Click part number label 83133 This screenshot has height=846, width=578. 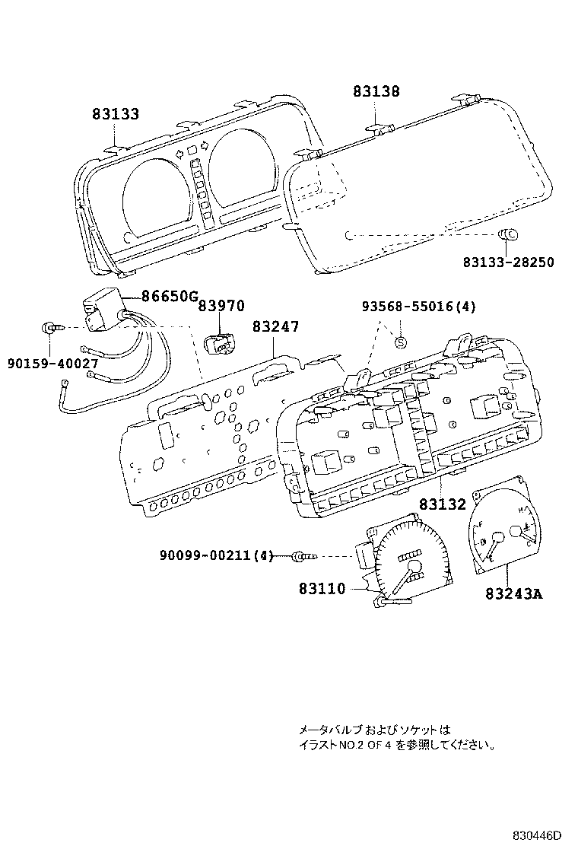[x=116, y=115]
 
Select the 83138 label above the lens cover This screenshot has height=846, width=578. [x=376, y=92]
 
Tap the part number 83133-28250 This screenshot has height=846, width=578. [x=508, y=262]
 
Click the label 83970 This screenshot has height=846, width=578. [x=221, y=306]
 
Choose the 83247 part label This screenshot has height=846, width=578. [x=275, y=326]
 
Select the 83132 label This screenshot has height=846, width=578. [x=441, y=504]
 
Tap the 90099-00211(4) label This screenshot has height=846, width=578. [x=216, y=557]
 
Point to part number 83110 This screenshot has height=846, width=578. [x=322, y=588]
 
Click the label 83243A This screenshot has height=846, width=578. [x=514, y=593]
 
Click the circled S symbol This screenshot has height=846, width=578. [x=401, y=342]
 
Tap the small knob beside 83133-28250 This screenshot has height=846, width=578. [x=508, y=234]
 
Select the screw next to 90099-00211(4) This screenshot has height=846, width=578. [x=304, y=557]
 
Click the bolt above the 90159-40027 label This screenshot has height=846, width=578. [x=49, y=328]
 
